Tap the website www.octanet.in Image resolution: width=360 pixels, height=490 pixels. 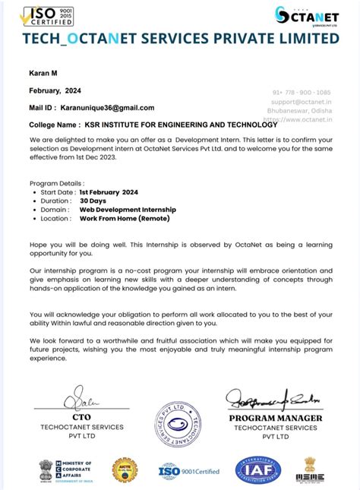pos(314,119)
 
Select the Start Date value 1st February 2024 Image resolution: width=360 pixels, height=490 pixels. pos(109,192)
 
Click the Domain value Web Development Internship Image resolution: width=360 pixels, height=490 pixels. pos(128,209)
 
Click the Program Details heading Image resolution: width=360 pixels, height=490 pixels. pos(57,184)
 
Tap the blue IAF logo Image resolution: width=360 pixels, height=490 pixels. pos(257,470)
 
